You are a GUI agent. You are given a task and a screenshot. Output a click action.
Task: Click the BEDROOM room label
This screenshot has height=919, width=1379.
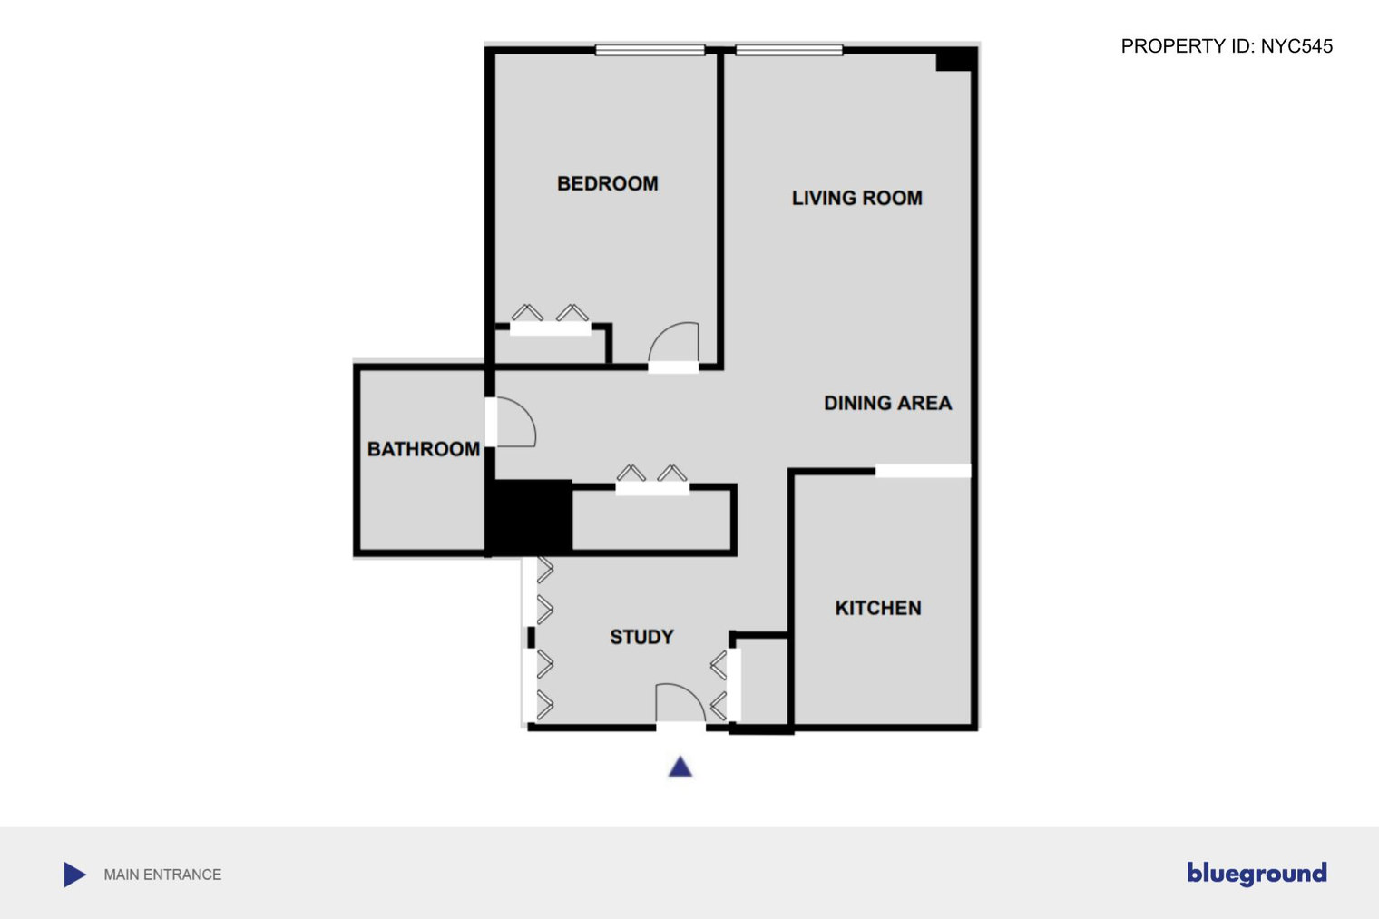608,183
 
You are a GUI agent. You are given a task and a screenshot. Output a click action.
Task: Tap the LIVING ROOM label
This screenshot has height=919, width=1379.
857,198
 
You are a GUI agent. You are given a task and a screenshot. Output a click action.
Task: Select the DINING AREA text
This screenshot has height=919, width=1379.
887,403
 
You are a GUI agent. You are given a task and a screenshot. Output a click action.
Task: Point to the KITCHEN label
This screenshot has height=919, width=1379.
878,608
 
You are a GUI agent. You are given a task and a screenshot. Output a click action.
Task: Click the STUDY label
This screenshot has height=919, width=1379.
641,637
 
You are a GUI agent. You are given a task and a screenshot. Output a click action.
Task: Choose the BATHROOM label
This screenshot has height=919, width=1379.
424,449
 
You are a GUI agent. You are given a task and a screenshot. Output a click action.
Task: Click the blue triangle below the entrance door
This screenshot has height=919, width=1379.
680,768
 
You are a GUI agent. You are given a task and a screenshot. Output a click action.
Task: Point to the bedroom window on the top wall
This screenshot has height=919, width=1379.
650,51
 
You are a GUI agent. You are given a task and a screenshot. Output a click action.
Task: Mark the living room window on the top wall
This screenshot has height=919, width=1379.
789,51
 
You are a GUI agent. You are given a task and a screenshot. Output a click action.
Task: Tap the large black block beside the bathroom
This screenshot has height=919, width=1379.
530,516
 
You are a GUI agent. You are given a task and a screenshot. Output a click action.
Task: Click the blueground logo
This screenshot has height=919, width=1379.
1257,874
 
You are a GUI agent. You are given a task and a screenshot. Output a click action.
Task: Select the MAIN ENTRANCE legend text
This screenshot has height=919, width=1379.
162,875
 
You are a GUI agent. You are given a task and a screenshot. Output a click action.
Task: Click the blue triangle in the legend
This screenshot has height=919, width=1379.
74,875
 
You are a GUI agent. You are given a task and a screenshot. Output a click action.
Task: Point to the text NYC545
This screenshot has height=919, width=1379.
1296,46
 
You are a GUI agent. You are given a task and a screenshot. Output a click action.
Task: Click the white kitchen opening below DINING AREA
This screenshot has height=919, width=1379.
924,471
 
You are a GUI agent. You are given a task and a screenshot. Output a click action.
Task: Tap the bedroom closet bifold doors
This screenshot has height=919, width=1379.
551,320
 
